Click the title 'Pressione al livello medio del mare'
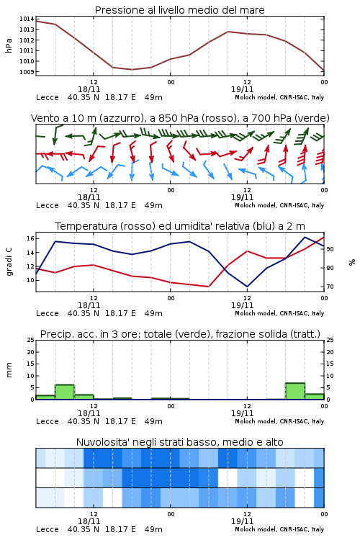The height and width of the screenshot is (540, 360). click(179, 10)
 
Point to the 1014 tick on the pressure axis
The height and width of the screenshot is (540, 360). click(27, 19)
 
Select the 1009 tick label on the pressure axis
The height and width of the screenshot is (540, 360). click(27, 72)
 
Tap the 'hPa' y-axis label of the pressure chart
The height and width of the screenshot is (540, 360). click(9, 45)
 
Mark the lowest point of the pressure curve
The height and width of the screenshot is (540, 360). click(132, 70)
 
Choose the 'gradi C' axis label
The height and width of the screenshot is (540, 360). click(9, 262)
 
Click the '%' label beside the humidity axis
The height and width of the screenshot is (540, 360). click(352, 262)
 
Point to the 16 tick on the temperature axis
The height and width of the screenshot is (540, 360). click(31, 238)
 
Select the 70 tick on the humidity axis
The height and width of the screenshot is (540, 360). click(330, 287)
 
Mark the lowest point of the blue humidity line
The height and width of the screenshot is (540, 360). click(247, 287)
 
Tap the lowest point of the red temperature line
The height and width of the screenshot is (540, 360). click(208, 287)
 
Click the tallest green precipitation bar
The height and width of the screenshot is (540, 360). click(295, 391)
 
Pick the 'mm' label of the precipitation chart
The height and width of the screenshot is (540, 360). click(9, 370)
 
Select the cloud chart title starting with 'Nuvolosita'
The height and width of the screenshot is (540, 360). click(179, 442)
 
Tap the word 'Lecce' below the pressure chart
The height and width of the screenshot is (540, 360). click(48, 97)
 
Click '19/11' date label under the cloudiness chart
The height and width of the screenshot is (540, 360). click(242, 521)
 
